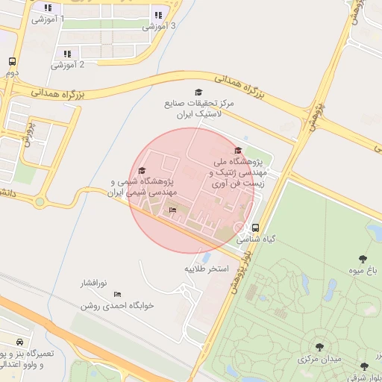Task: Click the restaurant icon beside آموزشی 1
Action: point(48,9)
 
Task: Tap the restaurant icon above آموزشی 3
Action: point(157,15)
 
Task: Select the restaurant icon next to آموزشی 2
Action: point(67,54)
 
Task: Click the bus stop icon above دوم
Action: point(12,62)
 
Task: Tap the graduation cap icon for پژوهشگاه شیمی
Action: point(143,171)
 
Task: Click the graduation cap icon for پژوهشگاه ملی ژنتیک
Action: point(238,151)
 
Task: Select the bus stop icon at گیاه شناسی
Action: point(256,228)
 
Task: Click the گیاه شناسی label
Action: point(256,240)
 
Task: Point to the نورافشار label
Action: point(95,284)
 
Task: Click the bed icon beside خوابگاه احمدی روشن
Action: point(117,295)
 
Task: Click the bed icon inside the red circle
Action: point(173,210)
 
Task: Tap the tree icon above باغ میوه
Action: point(363,259)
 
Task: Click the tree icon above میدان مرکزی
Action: point(319,347)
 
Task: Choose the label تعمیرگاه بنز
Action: point(27,351)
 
